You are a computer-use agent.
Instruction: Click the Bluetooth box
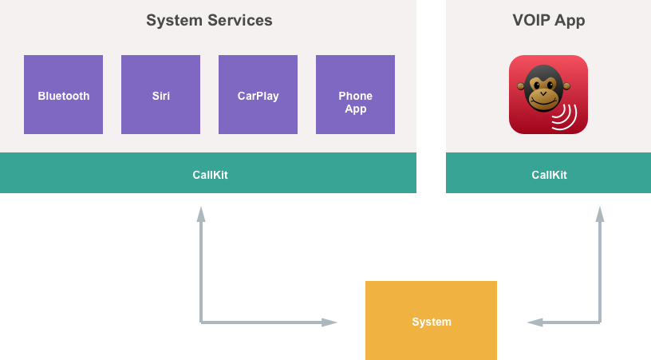pyautogui.click(x=63, y=94)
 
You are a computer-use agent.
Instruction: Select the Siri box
pyautogui.click(x=160, y=94)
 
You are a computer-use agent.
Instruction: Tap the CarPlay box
pyautogui.click(x=258, y=94)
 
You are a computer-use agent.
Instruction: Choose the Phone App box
pyautogui.click(x=355, y=94)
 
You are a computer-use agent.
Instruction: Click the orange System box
pyautogui.click(x=431, y=321)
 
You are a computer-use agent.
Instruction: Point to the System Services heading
pyautogui.click(x=209, y=21)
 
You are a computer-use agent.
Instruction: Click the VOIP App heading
pyautogui.click(x=548, y=21)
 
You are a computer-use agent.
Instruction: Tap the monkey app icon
pyautogui.click(x=548, y=94)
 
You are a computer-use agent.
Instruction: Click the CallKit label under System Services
pyautogui.click(x=210, y=175)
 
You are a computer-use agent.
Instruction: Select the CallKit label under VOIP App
pyautogui.click(x=549, y=175)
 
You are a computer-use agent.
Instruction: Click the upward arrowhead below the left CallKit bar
pyautogui.click(x=201, y=213)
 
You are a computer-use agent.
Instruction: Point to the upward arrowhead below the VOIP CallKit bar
pyautogui.click(x=599, y=213)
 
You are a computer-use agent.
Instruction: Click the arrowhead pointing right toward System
pyautogui.click(x=330, y=322)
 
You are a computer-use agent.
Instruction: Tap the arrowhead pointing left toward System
pyautogui.click(x=535, y=322)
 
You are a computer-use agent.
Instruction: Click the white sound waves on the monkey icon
pyautogui.click(x=566, y=117)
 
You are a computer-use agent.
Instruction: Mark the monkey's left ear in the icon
pyautogui.click(x=521, y=86)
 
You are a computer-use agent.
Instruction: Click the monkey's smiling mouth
pyautogui.click(x=544, y=102)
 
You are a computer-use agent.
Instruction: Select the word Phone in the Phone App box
pyautogui.click(x=355, y=96)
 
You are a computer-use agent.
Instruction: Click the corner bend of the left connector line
pyautogui.click(x=201, y=322)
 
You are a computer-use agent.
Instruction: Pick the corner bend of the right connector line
pyautogui.click(x=599, y=322)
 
